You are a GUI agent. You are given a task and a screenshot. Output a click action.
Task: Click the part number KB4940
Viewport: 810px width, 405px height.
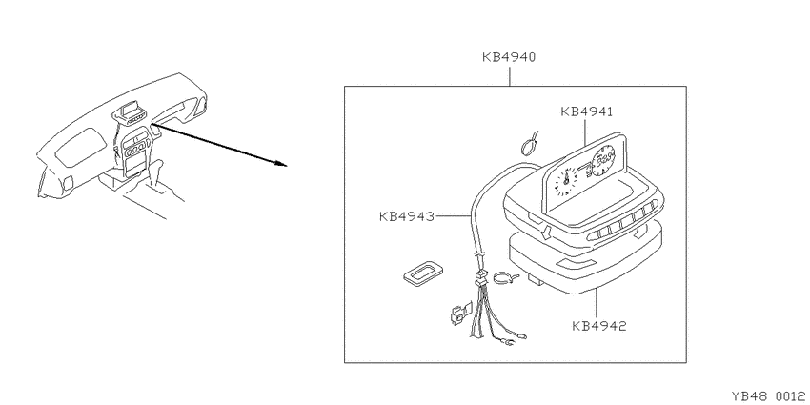click(509, 57)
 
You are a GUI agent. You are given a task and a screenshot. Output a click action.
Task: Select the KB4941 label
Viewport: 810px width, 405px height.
click(586, 111)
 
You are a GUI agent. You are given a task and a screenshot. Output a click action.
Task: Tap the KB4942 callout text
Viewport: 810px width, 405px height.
click(599, 326)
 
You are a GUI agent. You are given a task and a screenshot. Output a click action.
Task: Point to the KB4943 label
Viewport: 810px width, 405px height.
click(407, 216)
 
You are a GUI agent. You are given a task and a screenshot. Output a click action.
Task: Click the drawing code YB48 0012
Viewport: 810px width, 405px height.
click(769, 395)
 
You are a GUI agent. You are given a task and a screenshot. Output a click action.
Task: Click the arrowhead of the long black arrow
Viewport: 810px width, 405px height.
click(280, 164)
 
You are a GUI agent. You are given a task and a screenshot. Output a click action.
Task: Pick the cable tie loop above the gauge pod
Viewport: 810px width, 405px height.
click(529, 145)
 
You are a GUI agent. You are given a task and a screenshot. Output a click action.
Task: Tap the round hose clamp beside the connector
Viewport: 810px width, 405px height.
click(504, 278)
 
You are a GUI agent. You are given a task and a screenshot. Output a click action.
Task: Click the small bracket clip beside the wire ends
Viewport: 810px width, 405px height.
click(460, 314)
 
